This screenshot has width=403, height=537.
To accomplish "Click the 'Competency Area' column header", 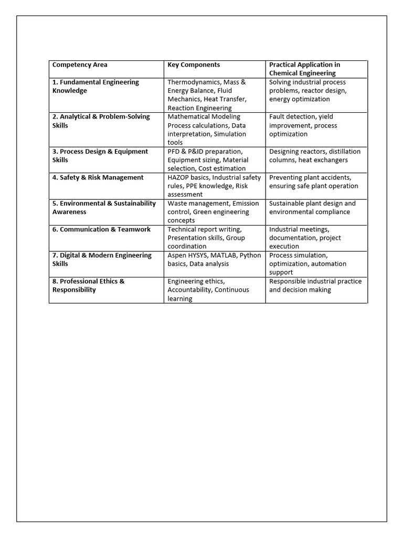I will (80, 65).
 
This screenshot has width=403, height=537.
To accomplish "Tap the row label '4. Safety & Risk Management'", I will (98, 178).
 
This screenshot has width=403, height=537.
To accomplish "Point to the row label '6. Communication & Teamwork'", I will (101, 230).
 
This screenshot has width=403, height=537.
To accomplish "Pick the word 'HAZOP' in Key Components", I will (178, 178).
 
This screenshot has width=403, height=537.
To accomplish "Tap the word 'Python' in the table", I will (250, 255).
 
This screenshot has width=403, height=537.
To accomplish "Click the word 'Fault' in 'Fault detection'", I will (278, 117).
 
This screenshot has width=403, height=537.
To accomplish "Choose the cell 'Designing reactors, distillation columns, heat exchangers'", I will (315, 156).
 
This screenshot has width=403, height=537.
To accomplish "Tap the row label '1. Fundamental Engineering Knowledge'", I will (96, 87).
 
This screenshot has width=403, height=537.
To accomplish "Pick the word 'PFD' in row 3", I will (174, 152).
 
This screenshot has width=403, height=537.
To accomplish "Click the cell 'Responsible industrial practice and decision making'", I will (315, 286).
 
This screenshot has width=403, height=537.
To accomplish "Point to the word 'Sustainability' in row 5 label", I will (134, 203).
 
